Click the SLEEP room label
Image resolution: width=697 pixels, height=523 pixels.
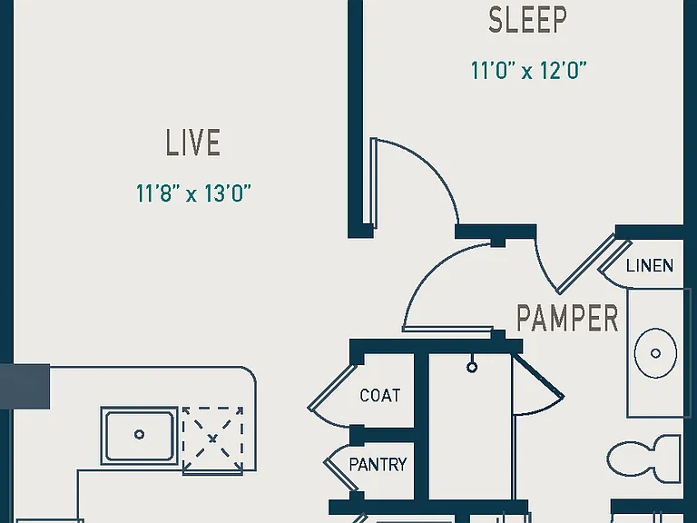(527, 20)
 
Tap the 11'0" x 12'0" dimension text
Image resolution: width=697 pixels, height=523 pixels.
(528, 70)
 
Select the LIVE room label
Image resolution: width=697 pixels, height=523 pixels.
(193, 143)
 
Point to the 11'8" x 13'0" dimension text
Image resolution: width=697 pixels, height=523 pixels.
(193, 193)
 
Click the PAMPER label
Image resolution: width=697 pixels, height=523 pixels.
(567, 318)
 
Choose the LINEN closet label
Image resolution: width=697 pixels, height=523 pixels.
(650, 266)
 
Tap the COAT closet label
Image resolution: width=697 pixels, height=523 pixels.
(380, 395)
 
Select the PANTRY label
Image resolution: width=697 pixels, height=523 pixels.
(378, 465)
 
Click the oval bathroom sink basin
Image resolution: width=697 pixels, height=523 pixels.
(655, 353)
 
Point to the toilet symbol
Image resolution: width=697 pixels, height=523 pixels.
(644, 459)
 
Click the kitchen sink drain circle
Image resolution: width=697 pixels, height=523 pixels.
(139, 435)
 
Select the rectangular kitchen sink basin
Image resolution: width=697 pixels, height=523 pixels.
(140, 436)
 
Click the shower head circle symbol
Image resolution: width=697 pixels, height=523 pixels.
(472, 368)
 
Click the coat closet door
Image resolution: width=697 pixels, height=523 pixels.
(332, 386)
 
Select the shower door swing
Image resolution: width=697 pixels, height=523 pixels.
(538, 385)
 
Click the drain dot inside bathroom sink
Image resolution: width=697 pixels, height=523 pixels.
(655, 353)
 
